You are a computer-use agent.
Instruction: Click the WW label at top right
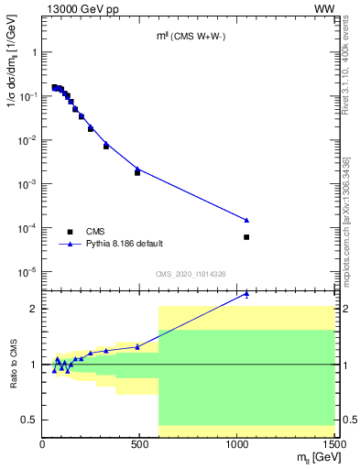tap(326, 8)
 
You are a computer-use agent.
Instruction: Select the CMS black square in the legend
tap(70, 232)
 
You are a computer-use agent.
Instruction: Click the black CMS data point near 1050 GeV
tap(246, 237)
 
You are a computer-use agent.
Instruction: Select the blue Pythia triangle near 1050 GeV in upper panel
tap(246, 220)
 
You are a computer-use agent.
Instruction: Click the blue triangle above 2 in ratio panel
tap(246, 294)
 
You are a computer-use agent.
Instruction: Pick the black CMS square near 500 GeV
tap(137, 172)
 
